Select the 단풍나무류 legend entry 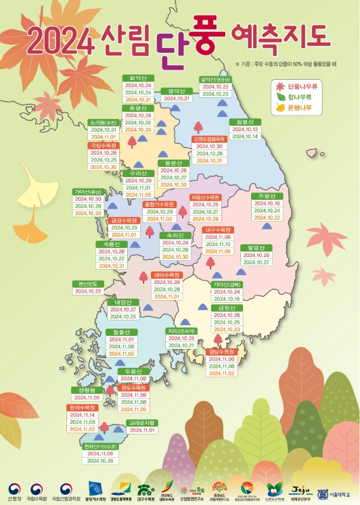point(300,87)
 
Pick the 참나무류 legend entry point(298,97)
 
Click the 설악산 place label point(215,78)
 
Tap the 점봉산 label point(246,122)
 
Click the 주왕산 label point(265,196)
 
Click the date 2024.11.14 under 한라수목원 point(83,415)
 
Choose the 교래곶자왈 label point(142,423)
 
